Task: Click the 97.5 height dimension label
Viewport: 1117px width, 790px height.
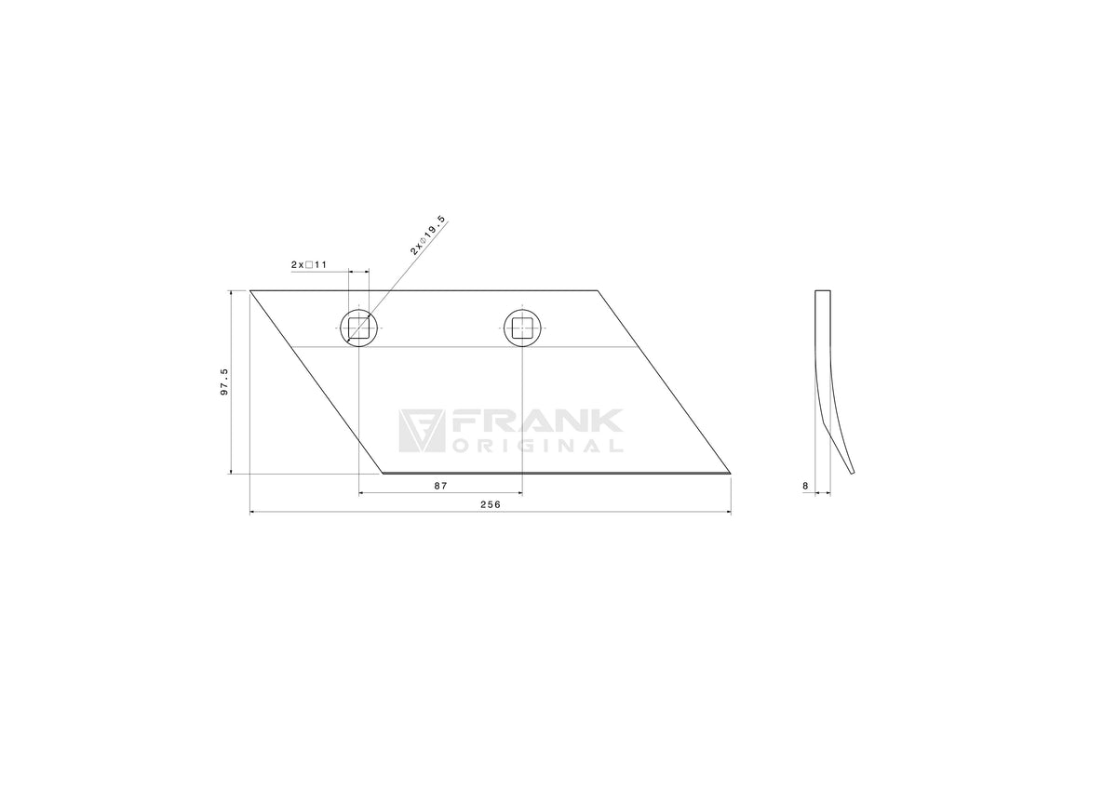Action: [x=224, y=382]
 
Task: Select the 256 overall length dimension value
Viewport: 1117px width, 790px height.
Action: [x=491, y=504]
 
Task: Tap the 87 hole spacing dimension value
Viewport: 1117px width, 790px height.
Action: [x=441, y=486]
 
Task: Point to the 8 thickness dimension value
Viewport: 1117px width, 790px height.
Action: [x=805, y=486]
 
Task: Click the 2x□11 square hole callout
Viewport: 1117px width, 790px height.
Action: [x=309, y=264]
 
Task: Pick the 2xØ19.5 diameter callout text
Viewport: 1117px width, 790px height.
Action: [x=427, y=235]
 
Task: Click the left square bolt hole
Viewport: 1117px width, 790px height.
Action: [x=359, y=328]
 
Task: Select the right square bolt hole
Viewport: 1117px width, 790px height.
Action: [x=522, y=328]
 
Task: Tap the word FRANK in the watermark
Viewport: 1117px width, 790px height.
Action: [x=536, y=422]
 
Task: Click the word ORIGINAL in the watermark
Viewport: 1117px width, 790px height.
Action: [x=538, y=446]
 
